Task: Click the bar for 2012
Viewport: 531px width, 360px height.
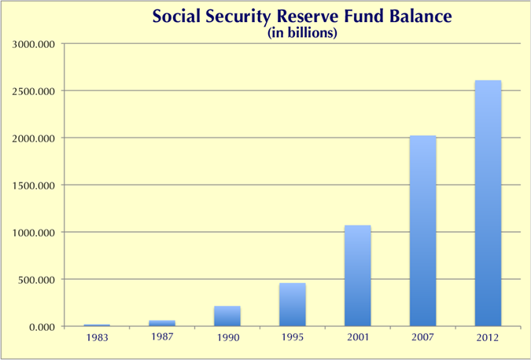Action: (x=488, y=203)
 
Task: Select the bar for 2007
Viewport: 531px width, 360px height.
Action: (x=423, y=231)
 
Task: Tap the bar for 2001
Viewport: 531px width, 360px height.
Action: (x=358, y=275)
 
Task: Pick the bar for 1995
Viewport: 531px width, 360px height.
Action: (x=293, y=304)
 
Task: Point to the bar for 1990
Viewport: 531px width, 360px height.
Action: (x=227, y=316)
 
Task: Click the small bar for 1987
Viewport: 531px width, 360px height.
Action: (x=162, y=323)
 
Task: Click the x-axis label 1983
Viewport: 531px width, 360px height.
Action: (x=97, y=338)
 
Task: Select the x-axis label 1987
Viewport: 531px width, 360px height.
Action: (x=162, y=336)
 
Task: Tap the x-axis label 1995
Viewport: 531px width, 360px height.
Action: (x=293, y=337)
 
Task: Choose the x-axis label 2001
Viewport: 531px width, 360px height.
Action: (x=358, y=337)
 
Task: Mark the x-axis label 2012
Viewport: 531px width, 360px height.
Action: (x=488, y=338)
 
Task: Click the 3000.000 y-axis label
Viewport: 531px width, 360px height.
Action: (x=33, y=45)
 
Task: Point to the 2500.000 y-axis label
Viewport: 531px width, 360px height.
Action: (x=33, y=92)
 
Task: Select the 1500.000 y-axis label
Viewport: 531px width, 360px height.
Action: (x=33, y=186)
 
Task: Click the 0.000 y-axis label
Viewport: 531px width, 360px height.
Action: (x=41, y=327)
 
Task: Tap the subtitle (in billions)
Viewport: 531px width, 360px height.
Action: (x=302, y=33)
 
